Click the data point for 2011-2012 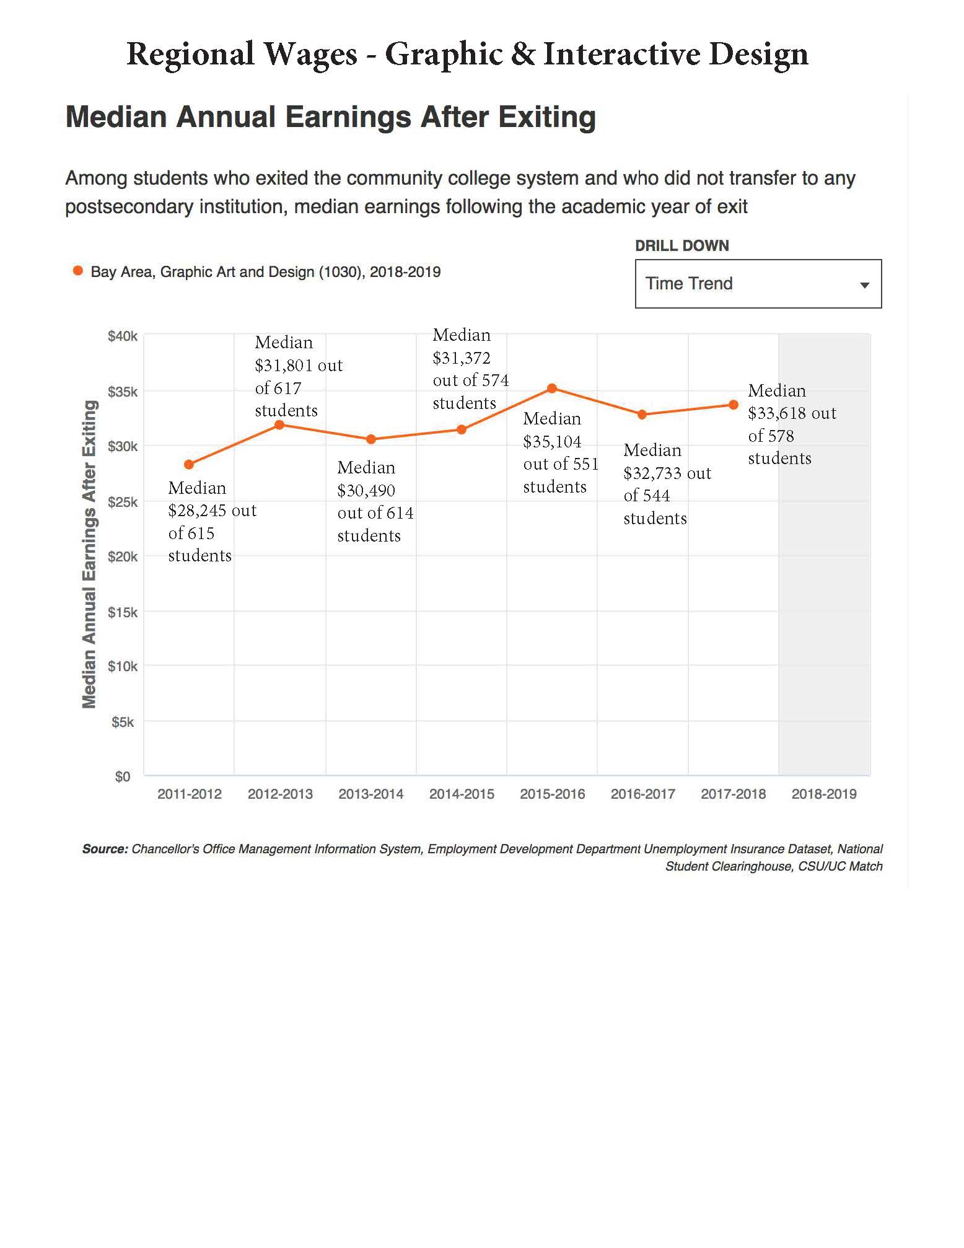pos(189,464)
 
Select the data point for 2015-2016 pos(552,389)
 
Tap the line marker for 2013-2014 pos(371,439)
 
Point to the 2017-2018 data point pos(734,405)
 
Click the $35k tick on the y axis pos(122,392)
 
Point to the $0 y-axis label pos(123,776)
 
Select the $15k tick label pos(122,612)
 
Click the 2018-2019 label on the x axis pos(824,794)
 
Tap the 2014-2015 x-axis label pos(462,794)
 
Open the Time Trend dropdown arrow pos(865,285)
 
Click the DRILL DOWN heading pos(681,245)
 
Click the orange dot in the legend pos(78,271)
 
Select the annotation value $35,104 pos(552,442)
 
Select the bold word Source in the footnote pos(105,849)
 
